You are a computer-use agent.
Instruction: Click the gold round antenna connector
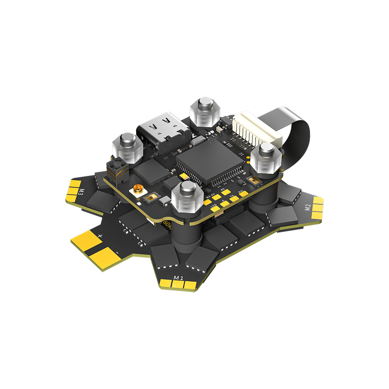point(138,191)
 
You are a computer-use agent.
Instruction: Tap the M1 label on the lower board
point(179,278)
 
